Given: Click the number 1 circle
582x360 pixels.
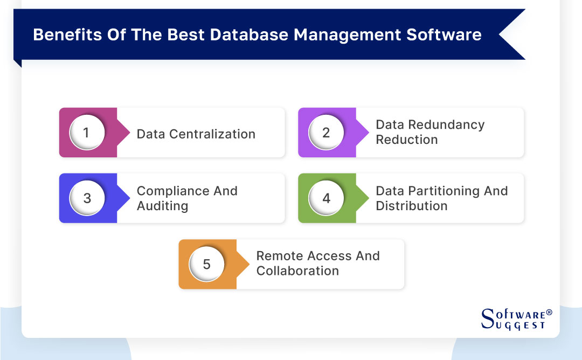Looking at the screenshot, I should pos(86,133).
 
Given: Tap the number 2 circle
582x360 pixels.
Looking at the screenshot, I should pos(325,133).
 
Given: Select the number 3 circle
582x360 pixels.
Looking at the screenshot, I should pos(87,198).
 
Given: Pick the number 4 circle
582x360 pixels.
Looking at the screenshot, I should pos(326,198).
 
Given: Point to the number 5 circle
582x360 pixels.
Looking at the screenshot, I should pos(206,265).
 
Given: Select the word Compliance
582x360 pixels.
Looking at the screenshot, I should pos(171,191).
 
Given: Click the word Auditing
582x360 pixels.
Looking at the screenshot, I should pos(162,206).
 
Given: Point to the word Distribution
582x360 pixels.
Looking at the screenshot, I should pos(411,206).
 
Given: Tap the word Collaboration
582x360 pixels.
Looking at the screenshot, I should pos(297,271).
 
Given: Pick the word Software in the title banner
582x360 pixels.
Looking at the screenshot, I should pos(444,35).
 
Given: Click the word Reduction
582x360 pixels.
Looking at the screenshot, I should pos(406,140).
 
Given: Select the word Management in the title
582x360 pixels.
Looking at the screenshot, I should pos(346,35).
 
